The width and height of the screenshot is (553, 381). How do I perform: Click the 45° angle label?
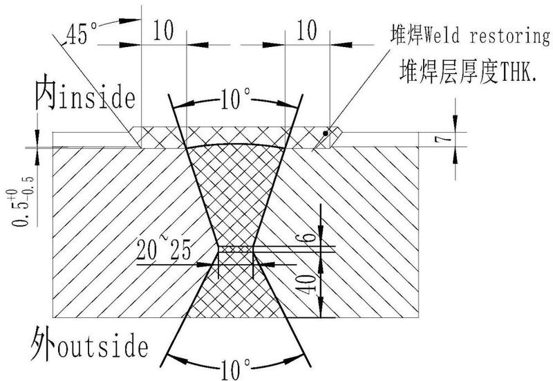[82, 33]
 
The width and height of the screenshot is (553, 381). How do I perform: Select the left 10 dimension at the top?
[163, 30]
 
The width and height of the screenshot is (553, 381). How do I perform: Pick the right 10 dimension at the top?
[307, 30]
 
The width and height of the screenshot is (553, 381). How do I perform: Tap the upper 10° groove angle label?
[236, 99]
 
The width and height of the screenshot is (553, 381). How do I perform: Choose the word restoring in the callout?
[509, 36]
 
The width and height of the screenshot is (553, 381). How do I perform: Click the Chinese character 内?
[45, 92]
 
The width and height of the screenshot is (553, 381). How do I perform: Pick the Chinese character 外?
[44, 343]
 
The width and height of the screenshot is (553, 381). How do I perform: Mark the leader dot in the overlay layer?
[325, 133]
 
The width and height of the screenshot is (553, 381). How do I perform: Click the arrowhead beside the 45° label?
[129, 21]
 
